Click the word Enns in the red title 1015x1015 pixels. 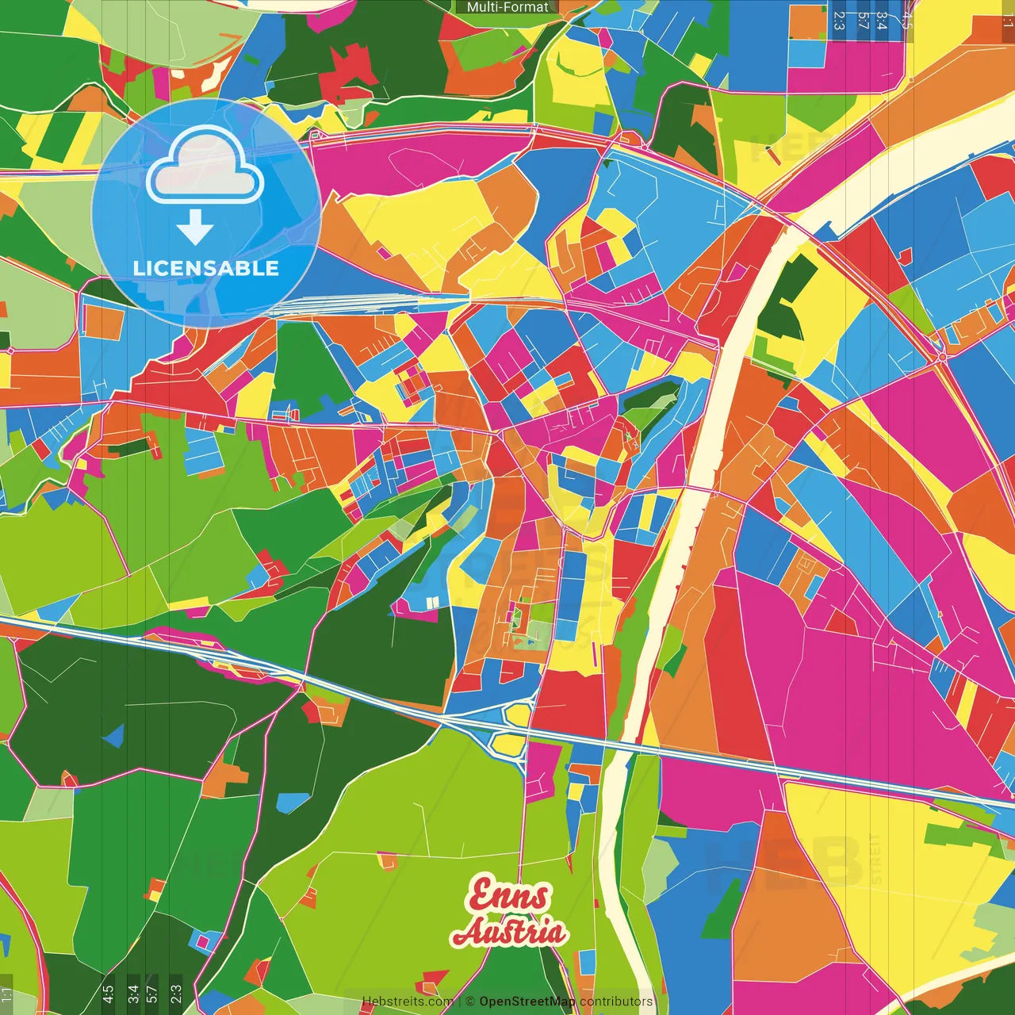tap(508, 896)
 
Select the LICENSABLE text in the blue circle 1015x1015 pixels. tap(206, 268)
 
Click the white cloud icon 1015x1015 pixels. tap(205, 167)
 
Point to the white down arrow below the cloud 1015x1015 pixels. tap(195, 229)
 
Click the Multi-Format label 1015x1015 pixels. tap(507, 7)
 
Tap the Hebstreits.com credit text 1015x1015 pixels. tap(408, 1002)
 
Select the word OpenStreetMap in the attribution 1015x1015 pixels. tap(527, 1002)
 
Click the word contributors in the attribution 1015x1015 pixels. tap(616, 1002)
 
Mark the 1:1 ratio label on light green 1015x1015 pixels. tap(6, 994)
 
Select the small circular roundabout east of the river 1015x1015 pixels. tap(941, 357)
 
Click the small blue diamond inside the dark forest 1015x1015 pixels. tap(114, 736)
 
